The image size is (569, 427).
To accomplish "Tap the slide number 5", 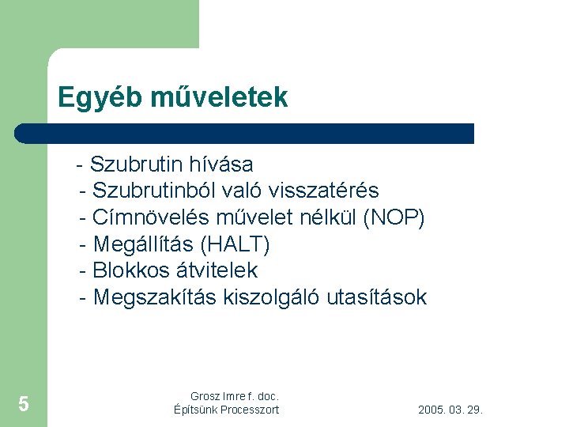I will click(x=24, y=405).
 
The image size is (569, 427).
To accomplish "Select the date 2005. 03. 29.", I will click(x=450, y=410).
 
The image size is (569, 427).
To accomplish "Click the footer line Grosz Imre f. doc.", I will click(x=235, y=395).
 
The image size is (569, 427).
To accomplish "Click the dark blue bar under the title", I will click(x=245, y=133).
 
